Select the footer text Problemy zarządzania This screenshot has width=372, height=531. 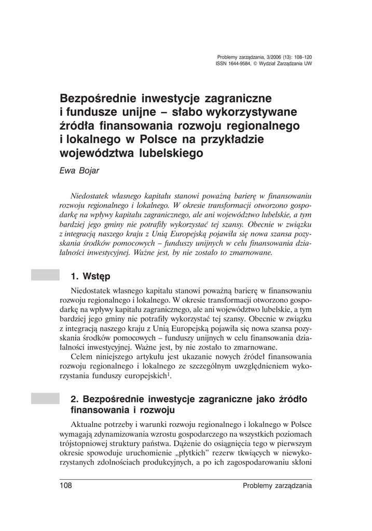(x=277, y=486)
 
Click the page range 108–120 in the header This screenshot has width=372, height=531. (x=301, y=58)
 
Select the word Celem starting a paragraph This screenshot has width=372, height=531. (x=83, y=357)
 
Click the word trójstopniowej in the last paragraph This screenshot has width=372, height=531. (x=83, y=444)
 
